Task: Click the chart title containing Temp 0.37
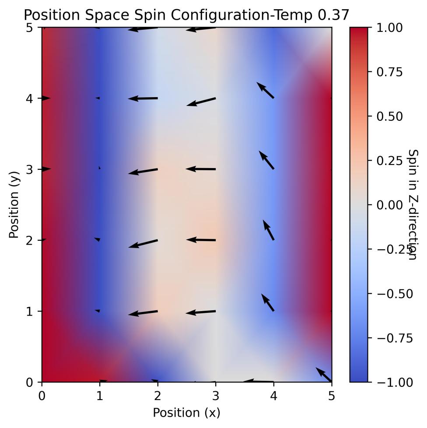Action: [186, 15]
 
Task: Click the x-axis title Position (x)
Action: [186, 413]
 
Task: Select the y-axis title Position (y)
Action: [14, 205]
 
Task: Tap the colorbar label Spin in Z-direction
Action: [412, 205]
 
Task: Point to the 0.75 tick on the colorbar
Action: [389, 72]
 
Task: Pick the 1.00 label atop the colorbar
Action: [389, 28]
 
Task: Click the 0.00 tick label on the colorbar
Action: [389, 205]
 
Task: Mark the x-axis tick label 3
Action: [216, 396]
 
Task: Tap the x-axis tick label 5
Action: [332, 396]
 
